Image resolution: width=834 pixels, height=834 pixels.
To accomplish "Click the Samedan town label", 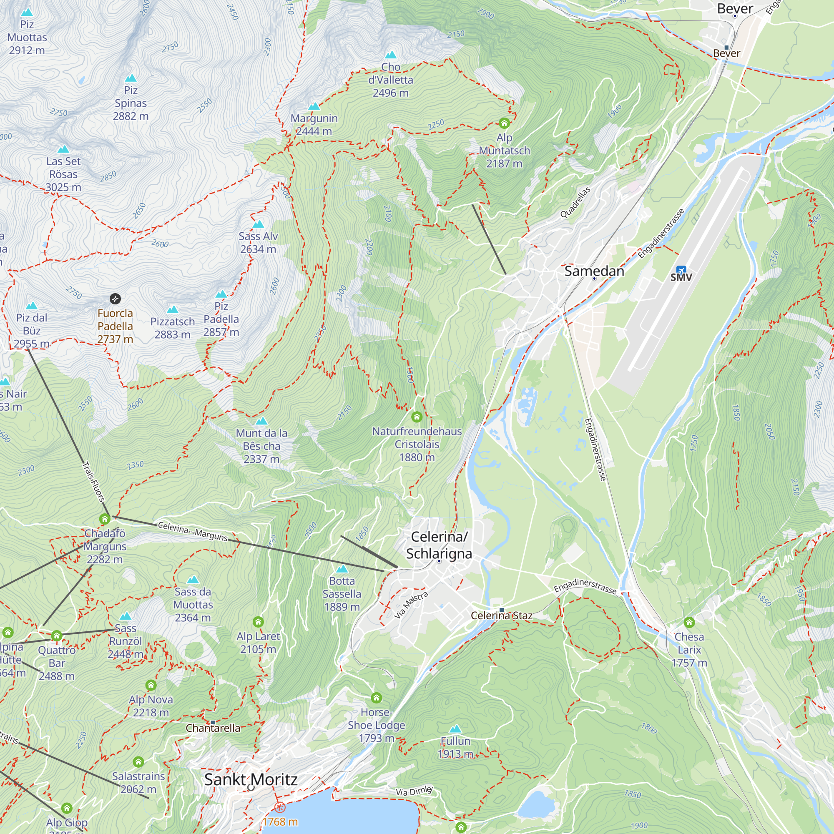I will (594, 271).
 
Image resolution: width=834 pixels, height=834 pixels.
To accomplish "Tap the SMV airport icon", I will (681, 270).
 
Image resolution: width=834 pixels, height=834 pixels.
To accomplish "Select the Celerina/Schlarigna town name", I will (439, 545).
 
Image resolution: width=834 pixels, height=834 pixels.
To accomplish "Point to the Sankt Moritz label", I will (251, 780).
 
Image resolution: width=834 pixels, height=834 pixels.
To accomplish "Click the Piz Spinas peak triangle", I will (131, 78).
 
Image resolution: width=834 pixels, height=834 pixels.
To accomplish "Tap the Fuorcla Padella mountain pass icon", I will (115, 299).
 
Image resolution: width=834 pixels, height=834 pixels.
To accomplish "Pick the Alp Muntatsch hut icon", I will (504, 123).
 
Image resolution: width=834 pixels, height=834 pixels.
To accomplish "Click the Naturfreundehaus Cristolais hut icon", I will (417, 417).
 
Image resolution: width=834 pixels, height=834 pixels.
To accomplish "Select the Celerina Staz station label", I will (502, 615).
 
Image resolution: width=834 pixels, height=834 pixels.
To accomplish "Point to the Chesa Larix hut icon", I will (689, 623).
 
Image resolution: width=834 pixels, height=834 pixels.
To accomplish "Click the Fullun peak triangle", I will (455, 729).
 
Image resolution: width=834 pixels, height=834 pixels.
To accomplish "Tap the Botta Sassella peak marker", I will (342, 569).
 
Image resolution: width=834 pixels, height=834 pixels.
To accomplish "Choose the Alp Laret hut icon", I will (258, 622).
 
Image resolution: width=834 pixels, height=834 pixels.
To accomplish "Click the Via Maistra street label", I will (411, 605).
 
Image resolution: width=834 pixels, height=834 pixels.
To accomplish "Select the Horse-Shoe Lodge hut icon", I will (377, 698).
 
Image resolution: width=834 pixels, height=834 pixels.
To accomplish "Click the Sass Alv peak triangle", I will (258, 224).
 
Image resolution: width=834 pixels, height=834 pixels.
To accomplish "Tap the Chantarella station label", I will (213, 728).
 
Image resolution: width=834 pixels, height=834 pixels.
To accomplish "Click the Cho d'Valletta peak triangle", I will (391, 55).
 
